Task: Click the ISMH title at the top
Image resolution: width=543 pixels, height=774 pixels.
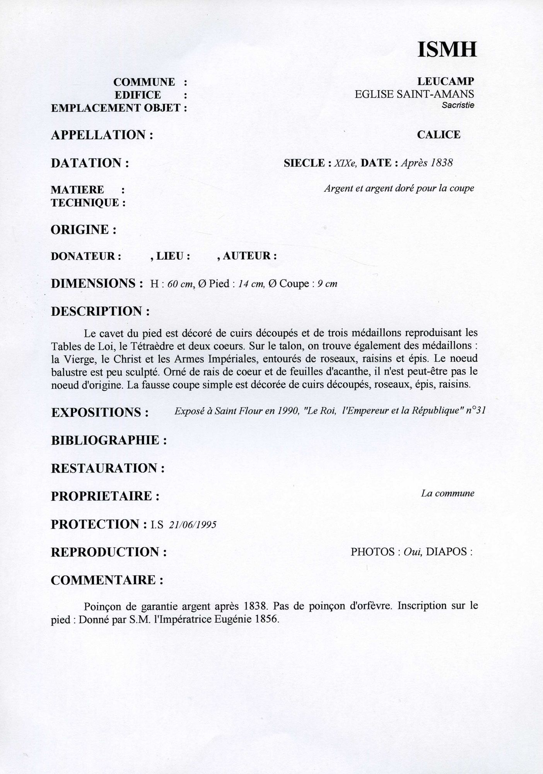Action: point(446,50)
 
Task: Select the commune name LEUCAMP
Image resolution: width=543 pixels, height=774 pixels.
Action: point(446,82)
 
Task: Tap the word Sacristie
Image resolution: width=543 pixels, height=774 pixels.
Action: point(458,105)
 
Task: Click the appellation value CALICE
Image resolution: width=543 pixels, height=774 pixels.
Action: point(439,135)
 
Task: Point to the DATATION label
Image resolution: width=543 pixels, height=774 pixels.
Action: point(90,163)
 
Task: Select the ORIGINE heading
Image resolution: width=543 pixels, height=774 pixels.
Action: point(84,229)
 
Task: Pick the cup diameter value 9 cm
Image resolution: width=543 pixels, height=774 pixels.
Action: point(327,284)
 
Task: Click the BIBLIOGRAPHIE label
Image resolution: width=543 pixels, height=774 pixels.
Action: point(109,440)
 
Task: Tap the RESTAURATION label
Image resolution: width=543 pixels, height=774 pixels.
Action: point(108,468)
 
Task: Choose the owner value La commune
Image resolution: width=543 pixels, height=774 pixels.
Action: point(447,493)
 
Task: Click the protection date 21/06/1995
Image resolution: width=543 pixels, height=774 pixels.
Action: point(193,524)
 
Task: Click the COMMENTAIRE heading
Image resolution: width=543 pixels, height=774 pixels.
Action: point(107,580)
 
